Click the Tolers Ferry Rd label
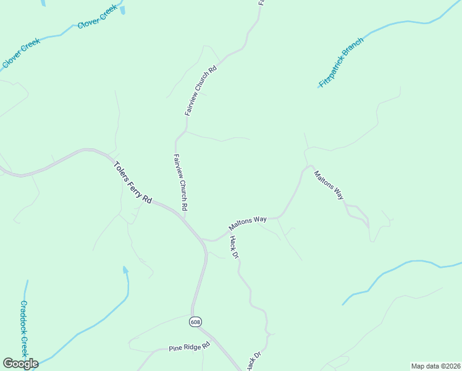pyautogui.click(x=133, y=183)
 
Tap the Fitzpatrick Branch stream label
pyautogui.click(x=342, y=62)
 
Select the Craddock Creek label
pyautogui.click(x=24, y=329)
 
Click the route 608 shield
pyautogui.click(x=196, y=322)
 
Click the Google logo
pyautogui.click(x=20, y=364)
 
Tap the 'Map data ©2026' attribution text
pyautogui.click(x=435, y=366)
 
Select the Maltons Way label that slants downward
pyautogui.click(x=329, y=185)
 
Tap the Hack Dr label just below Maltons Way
pyautogui.click(x=233, y=247)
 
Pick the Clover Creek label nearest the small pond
pyautogui.click(x=98, y=17)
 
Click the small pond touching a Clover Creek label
pyautogui.click(x=123, y=9)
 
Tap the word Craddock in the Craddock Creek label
pyautogui.click(x=23, y=320)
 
